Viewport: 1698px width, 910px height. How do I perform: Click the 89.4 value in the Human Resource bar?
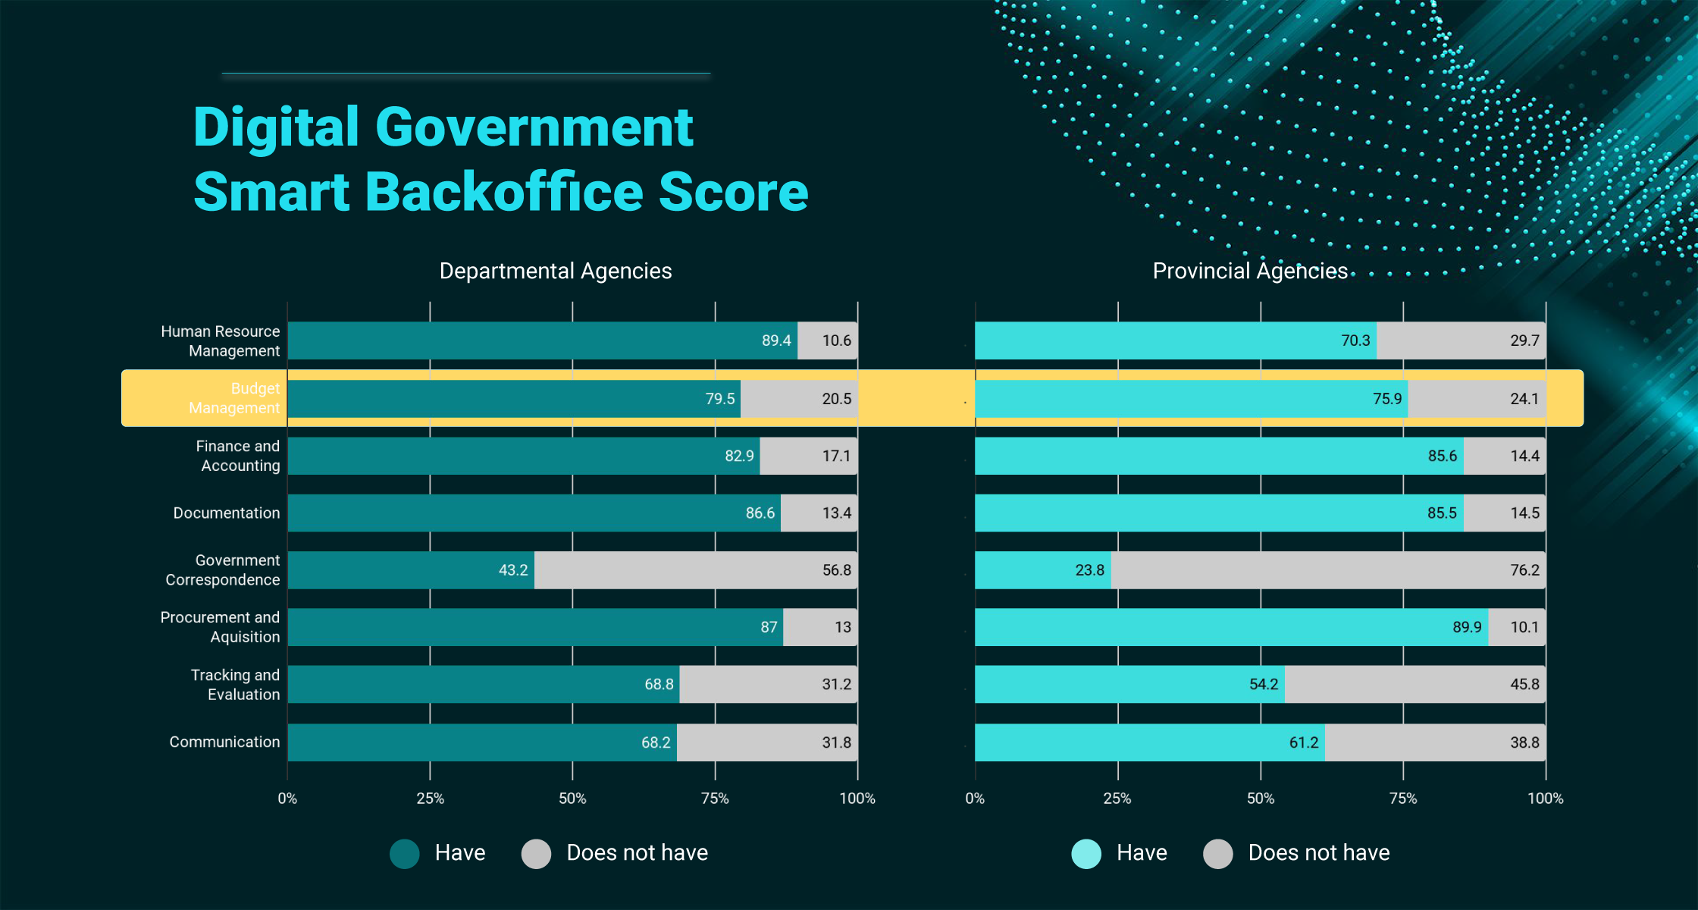click(776, 340)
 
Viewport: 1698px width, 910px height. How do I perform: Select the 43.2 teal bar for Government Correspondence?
click(411, 570)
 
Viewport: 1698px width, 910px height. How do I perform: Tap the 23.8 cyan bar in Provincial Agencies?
click(1043, 570)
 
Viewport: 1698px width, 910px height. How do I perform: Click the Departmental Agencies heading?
click(556, 271)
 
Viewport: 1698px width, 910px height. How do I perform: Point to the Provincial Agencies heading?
click(1250, 271)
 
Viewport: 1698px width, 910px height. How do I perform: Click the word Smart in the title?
click(271, 191)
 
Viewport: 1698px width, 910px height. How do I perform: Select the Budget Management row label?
click(234, 398)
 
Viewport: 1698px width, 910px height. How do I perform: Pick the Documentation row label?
click(227, 513)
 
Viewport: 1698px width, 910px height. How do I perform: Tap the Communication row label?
click(224, 742)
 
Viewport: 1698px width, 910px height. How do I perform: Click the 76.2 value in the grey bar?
click(1524, 570)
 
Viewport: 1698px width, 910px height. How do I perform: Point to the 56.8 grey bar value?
click(837, 570)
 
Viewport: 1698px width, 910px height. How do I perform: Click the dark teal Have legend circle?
click(405, 854)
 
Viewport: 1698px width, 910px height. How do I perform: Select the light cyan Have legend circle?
click(1086, 854)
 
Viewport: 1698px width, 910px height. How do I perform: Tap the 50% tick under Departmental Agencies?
click(572, 799)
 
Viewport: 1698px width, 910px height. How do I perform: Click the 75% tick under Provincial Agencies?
click(1403, 799)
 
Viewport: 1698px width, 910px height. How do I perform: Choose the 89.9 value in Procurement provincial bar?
click(1467, 627)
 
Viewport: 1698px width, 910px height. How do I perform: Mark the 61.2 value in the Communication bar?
click(1304, 742)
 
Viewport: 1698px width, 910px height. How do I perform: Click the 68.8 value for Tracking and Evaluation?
click(659, 684)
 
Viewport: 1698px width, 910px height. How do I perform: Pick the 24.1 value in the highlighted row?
click(1524, 399)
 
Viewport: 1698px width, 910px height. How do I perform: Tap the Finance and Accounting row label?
click(238, 456)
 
